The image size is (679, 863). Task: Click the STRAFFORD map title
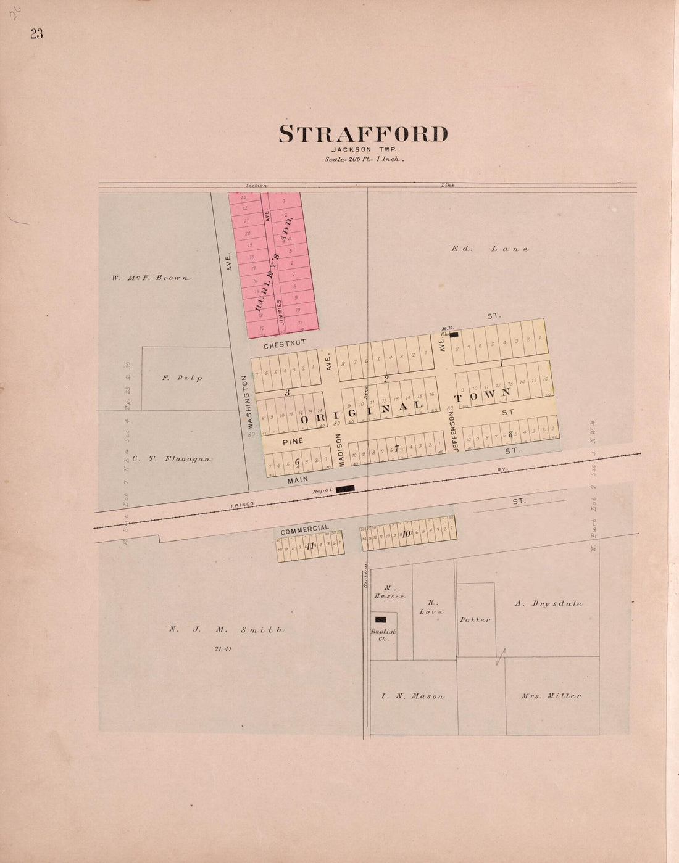tap(364, 134)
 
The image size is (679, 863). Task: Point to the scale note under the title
tap(364, 159)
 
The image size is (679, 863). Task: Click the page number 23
tap(36, 35)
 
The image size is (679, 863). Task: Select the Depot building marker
tap(345, 489)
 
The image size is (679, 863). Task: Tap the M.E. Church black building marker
tap(454, 334)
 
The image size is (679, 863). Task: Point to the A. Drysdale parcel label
tap(548, 604)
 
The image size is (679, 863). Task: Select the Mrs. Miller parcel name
tap(551, 696)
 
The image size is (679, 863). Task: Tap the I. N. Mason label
tap(412, 696)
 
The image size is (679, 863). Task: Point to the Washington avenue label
tap(251, 402)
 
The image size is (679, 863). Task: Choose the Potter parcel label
tap(475, 619)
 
